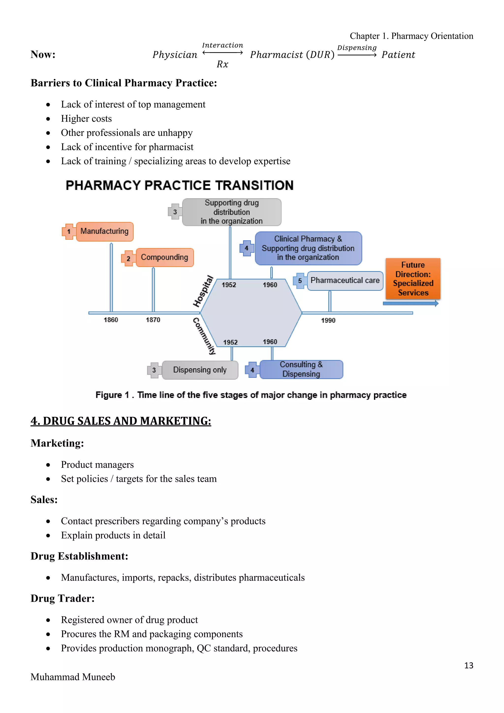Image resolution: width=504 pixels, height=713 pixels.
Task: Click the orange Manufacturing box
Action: (x=105, y=231)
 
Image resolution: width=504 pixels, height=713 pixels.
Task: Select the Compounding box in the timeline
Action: (x=164, y=258)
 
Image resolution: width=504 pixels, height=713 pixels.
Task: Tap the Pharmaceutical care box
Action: (x=345, y=281)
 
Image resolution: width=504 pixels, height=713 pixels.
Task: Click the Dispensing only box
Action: (x=200, y=370)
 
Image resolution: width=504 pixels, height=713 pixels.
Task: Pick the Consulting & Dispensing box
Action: (x=301, y=369)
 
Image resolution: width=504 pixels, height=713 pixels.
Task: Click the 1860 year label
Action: (x=111, y=320)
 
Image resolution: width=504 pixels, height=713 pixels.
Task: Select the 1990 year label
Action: (x=328, y=321)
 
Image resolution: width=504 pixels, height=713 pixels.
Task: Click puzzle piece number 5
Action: (x=300, y=281)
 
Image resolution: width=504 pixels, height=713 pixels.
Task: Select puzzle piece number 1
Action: (x=69, y=232)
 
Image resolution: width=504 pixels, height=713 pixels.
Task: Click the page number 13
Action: (x=468, y=665)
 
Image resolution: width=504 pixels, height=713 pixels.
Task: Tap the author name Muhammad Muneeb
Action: (x=73, y=677)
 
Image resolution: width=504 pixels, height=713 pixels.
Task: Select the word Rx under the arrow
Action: (x=222, y=64)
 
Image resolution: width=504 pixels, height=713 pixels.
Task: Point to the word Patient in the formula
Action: (x=398, y=55)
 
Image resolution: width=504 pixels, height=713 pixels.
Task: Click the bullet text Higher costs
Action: (x=86, y=119)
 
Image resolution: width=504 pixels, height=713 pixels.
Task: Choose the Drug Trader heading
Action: (x=62, y=599)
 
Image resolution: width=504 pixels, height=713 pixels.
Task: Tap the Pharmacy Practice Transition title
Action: (x=179, y=185)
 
